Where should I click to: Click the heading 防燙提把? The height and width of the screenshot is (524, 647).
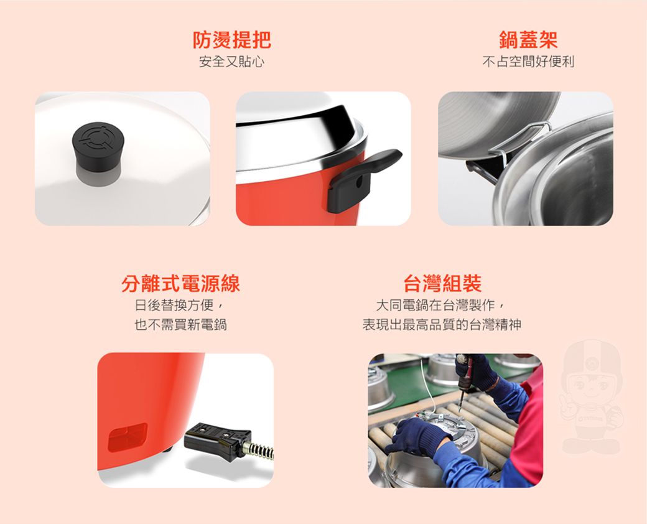click(x=232, y=40)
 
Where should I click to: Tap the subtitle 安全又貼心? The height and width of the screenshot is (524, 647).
click(x=232, y=62)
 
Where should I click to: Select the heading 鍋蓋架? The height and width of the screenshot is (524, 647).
click(x=528, y=40)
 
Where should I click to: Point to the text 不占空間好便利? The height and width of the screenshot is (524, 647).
click(x=528, y=62)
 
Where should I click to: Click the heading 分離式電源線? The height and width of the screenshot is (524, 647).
click(x=181, y=284)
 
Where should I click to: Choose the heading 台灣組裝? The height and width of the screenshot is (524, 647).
click(x=442, y=284)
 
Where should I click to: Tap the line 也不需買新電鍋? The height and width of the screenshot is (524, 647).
click(x=181, y=325)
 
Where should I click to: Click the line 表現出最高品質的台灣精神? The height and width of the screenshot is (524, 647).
click(x=442, y=325)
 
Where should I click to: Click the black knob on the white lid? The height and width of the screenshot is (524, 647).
click(x=98, y=153)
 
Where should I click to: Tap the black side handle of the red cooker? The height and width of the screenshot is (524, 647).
click(x=363, y=180)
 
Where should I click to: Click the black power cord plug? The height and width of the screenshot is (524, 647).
click(x=218, y=441)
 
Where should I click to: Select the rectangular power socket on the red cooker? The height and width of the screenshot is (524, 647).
click(x=128, y=437)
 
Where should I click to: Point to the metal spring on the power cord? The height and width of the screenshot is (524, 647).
click(x=258, y=450)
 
